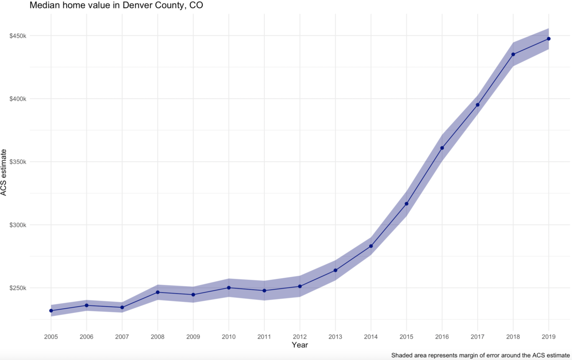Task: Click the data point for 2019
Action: tap(549, 39)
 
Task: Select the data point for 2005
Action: tap(51, 311)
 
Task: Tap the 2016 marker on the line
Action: tap(442, 148)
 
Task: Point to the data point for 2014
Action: tap(371, 246)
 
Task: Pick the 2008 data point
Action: tap(157, 292)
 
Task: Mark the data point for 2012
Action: tap(300, 286)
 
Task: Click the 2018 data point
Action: tap(513, 54)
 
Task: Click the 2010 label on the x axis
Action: tap(229, 337)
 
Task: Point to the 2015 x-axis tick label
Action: tap(406, 337)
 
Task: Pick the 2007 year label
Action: tap(122, 337)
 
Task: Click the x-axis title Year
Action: tap(300, 345)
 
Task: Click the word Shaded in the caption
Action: tap(402, 355)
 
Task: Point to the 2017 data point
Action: tap(478, 105)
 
